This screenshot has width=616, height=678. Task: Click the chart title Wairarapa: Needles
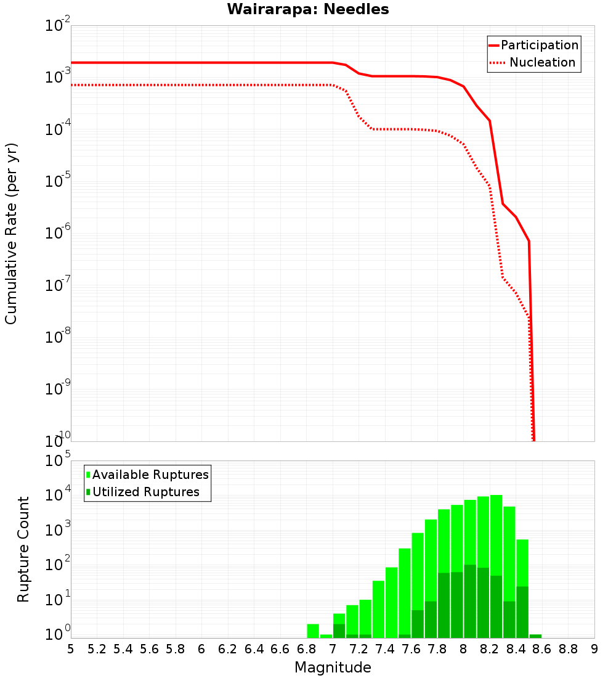tap(308, 9)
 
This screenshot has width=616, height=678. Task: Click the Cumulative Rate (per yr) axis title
tap(11, 233)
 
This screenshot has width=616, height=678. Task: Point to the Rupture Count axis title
tap(23, 549)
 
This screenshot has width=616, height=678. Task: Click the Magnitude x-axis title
tap(333, 668)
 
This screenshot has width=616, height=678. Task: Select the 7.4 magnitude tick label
tap(385, 649)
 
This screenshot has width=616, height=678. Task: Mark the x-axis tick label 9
tap(594, 649)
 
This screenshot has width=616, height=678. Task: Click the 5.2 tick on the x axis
tap(97, 649)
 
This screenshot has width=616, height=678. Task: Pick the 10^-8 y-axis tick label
tap(58, 338)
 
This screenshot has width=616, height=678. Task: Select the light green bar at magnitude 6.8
tap(313, 631)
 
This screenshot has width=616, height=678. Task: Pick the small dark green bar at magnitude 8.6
tap(535, 636)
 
